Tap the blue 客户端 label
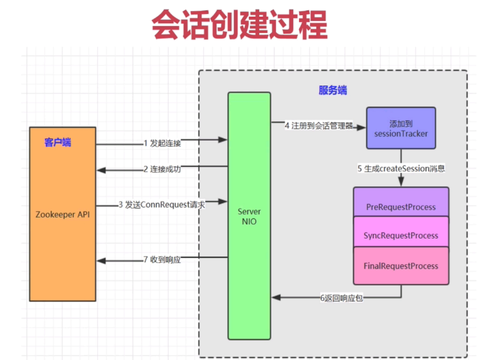pyautogui.click(x=58, y=142)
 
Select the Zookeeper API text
pyautogui.click(x=62, y=214)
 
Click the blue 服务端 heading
pyautogui.click(x=332, y=90)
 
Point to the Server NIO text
pyautogui.click(x=249, y=216)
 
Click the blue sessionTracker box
pyautogui.click(x=401, y=128)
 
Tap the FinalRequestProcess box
pyautogui.click(x=401, y=266)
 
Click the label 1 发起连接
pyautogui.click(x=162, y=143)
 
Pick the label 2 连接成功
pyautogui.click(x=162, y=169)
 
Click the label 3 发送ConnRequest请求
pyautogui.click(x=162, y=205)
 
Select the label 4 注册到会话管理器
pyautogui.click(x=319, y=126)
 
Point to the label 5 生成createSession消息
pyautogui.click(x=401, y=168)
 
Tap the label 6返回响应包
pyautogui.click(x=341, y=298)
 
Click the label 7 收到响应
pyautogui.click(x=162, y=260)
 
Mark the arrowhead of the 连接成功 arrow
pyautogui.click(x=101, y=170)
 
